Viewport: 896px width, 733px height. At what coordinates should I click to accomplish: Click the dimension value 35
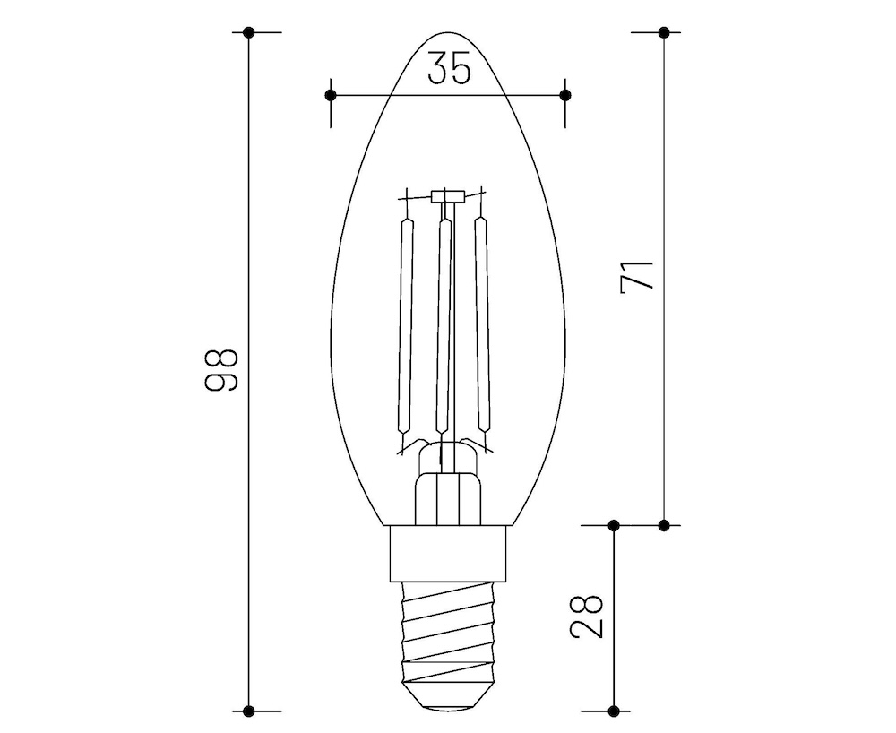pyautogui.click(x=448, y=69)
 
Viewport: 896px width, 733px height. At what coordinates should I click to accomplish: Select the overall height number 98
pyautogui.click(x=220, y=368)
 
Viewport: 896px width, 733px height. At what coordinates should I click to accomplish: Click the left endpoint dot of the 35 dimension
pyautogui.click(x=331, y=94)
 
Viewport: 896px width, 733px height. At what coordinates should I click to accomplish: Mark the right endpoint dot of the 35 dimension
pyautogui.click(x=564, y=94)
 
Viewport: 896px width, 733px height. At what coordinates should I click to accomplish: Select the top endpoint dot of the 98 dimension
pyautogui.click(x=249, y=32)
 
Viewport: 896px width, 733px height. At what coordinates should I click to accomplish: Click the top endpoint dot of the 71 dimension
pyautogui.click(x=663, y=32)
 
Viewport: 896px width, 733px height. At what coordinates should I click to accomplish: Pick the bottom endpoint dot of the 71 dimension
pyautogui.click(x=663, y=524)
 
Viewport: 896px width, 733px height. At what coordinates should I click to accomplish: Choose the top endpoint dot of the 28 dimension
pyautogui.click(x=614, y=524)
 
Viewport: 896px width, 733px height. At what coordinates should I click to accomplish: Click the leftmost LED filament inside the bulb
pyautogui.click(x=407, y=327)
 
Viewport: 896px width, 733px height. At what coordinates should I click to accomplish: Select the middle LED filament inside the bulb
pyautogui.click(x=443, y=327)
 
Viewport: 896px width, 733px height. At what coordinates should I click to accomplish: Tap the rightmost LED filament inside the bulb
pyautogui.click(x=483, y=327)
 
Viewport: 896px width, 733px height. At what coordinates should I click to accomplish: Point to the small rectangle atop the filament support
pyautogui.click(x=445, y=195)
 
